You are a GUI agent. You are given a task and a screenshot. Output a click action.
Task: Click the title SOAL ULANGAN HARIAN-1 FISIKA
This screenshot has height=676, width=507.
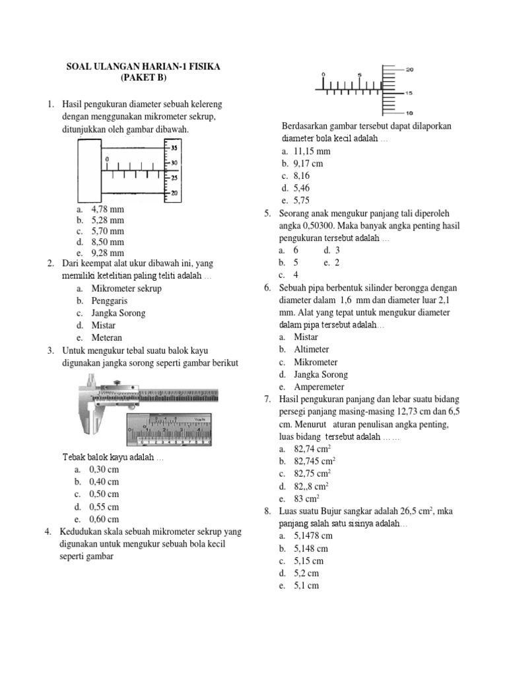144,67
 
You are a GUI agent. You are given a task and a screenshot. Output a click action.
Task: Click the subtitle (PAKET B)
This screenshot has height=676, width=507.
144,78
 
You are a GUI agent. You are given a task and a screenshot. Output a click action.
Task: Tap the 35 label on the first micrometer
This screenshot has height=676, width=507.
174,148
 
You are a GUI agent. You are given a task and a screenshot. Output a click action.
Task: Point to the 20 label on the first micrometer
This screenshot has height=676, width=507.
174,192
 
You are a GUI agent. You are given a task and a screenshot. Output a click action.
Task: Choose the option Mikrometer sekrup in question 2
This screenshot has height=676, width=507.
126,288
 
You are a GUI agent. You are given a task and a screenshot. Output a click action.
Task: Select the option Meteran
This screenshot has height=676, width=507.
108,337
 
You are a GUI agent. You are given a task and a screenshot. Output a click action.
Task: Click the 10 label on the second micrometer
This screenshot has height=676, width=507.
409,112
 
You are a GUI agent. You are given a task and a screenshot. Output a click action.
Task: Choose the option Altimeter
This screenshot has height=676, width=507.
312,349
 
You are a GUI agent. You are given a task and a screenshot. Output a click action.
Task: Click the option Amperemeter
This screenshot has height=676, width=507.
319,387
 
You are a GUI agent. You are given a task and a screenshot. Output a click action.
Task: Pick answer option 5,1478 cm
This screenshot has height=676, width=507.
312,536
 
